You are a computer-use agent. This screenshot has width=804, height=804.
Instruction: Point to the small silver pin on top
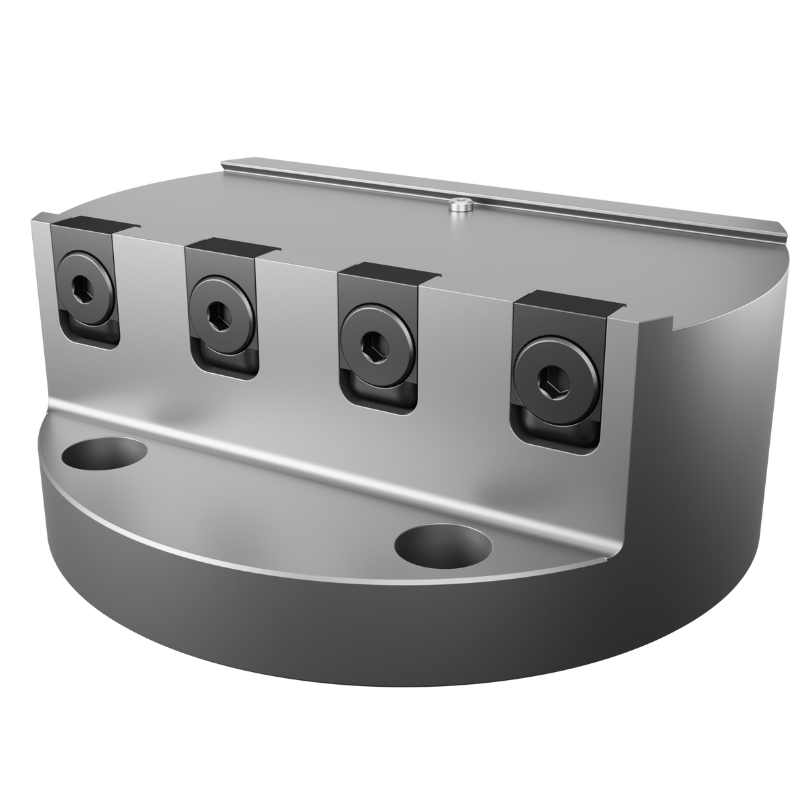[x=460, y=209]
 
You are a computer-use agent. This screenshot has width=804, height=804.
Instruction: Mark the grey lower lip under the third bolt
[x=379, y=391]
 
